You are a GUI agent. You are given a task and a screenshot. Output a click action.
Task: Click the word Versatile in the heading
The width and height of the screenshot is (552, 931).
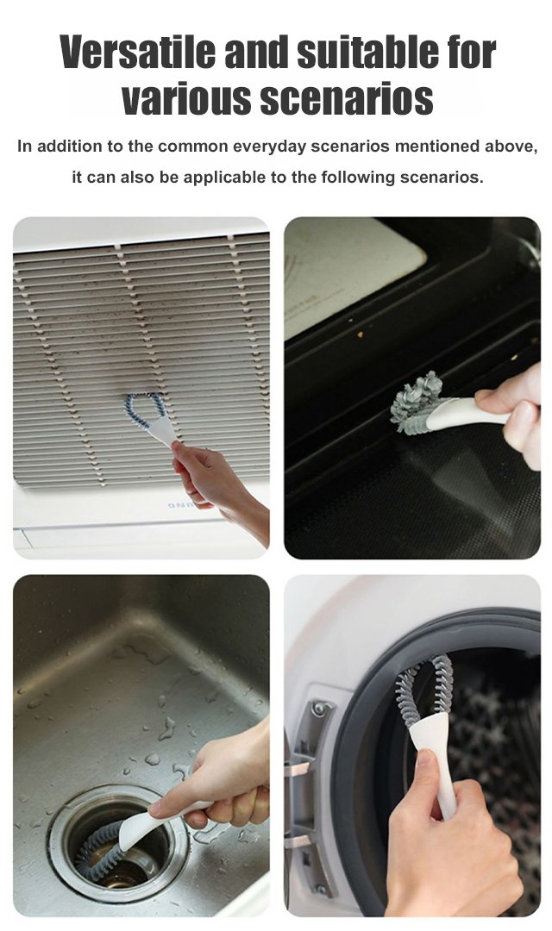(139, 53)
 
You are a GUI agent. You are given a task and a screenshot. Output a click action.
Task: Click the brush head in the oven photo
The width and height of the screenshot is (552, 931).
(417, 402)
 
